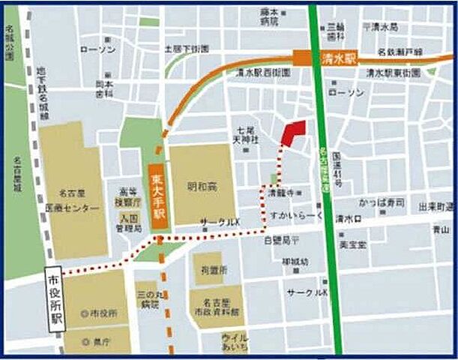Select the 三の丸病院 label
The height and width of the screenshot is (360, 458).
147,301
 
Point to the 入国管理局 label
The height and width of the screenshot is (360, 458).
128,222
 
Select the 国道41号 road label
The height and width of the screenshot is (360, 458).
337,178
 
